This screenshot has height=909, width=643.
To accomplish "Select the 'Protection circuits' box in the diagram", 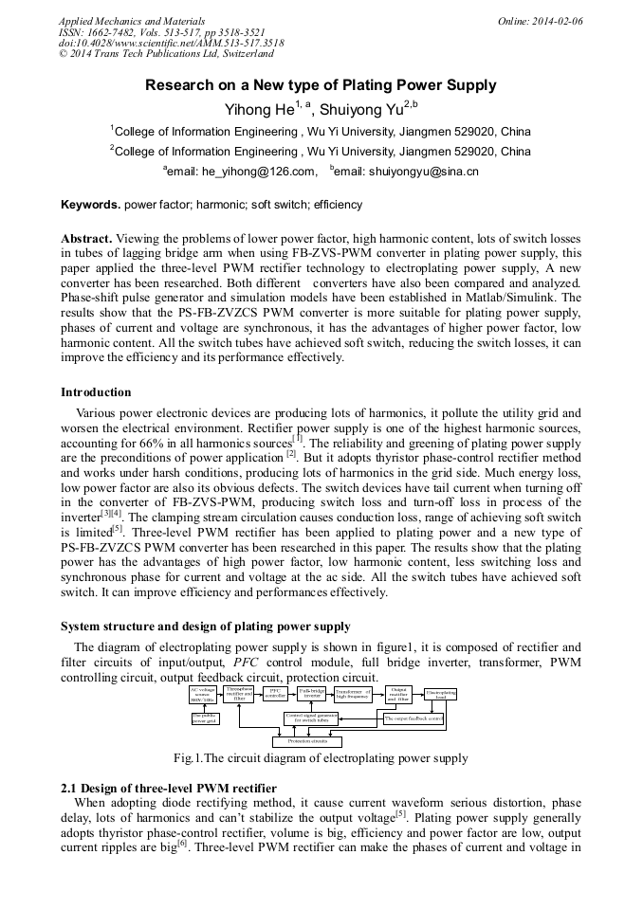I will pyautogui.click(x=306, y=741).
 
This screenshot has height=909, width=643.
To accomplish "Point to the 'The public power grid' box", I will pyautogui.click(x=205, y=718).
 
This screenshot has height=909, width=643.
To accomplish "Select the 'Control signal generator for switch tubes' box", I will pyautogui.click(x=312, y=718).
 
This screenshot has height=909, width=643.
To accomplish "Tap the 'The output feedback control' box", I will pyautogui.click(x=413, y=718).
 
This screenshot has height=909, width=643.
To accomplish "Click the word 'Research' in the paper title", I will pyautogui.click(x=175, y=85).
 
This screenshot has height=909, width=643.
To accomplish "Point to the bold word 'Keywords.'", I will pyautogui.click(x=91, y=205).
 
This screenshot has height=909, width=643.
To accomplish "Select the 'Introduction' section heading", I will pyautogui.click(x=96, y=392).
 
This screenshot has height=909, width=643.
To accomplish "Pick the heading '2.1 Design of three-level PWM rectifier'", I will pyautogui.click(x=169, y=789).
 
